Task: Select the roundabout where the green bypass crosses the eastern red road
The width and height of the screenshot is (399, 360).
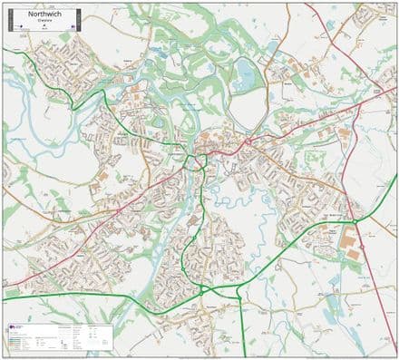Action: coord(356,220)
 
